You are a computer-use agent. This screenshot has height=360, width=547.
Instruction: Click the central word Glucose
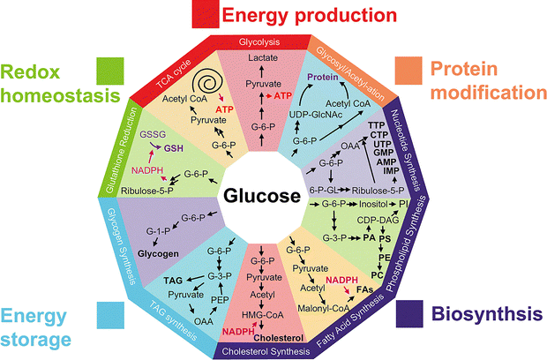coord(262,196)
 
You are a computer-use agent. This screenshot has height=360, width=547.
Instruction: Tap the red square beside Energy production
coord(206,14)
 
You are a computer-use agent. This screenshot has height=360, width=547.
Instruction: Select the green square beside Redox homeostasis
coord(110,71)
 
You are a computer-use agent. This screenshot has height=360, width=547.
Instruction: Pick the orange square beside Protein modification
coord(408,71)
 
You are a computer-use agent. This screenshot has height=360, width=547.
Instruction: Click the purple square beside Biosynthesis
coord(409,313)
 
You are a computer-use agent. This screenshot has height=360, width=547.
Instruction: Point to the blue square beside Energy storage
coord(110,315)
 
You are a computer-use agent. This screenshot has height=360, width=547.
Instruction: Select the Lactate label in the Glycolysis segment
coord(263,57)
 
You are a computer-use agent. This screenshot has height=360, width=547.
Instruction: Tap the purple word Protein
coord(323,77)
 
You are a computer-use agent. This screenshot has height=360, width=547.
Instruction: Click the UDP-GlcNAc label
coord(316,115)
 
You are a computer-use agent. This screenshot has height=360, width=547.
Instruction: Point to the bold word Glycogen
coord(158,253)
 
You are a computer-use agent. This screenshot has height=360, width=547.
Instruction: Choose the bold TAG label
coord(173,281)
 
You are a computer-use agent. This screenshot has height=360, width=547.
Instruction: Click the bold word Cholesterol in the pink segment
coord(279,338)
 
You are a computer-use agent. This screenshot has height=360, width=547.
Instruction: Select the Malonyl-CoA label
coord(324,308)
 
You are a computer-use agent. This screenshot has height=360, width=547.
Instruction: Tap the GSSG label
coord(153,134)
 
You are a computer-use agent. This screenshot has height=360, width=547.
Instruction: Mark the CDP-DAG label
coord(378,220)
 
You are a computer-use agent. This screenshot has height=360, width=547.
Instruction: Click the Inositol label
coord(373,204)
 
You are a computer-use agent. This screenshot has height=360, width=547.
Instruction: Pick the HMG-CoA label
coord(263,315)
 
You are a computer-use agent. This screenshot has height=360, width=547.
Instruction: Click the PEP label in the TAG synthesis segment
coord(220,299)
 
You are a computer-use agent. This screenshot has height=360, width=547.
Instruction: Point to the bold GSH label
coord(174,148)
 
